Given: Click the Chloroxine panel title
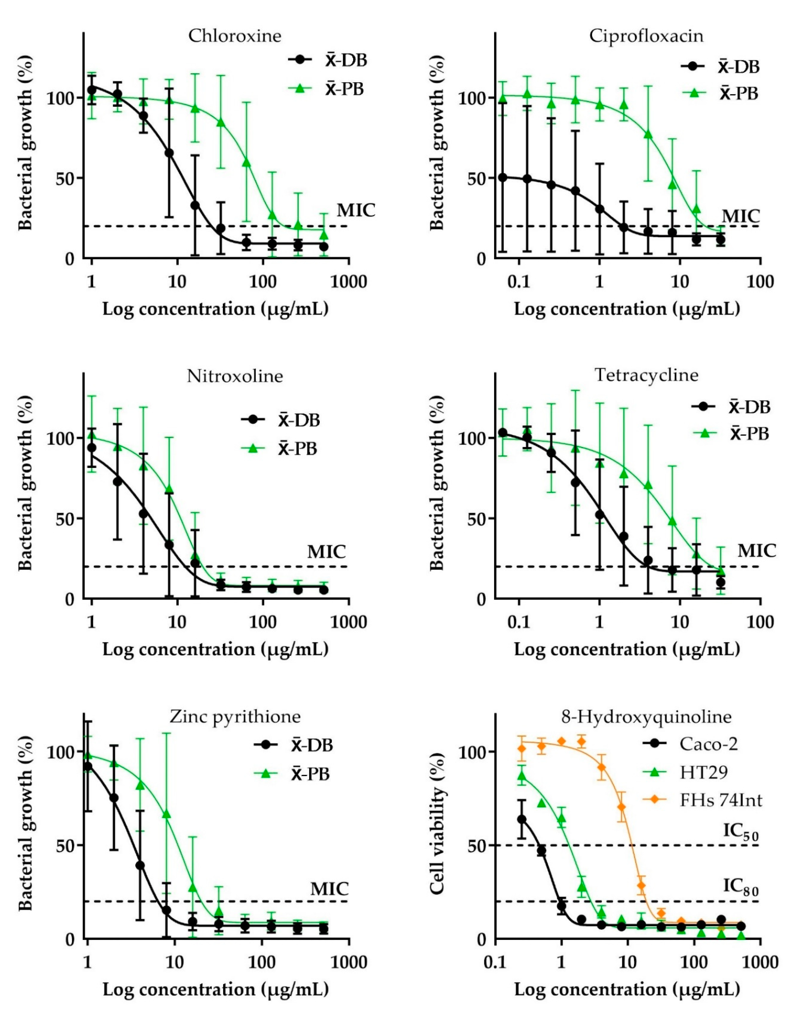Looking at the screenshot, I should tap(235, 36).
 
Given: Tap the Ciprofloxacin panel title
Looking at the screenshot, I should tap(646, 36).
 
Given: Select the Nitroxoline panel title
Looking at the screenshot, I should tap(235, 376).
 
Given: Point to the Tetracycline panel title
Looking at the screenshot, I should tap(646, 375).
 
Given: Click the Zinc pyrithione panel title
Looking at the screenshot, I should tap(235, 716).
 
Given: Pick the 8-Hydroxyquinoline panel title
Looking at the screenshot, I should tap(646, 716).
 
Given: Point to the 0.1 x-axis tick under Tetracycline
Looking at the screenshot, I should tap(519, 622).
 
